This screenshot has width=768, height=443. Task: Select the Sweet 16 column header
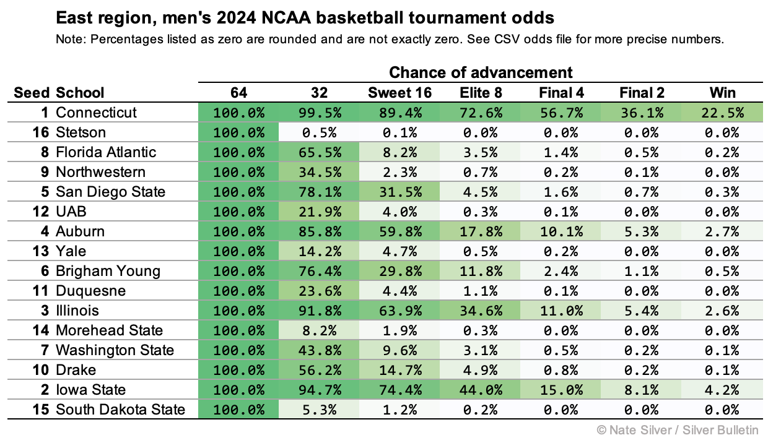[x=399, y=93]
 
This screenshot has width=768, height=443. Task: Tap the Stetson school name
[x=81, y=132]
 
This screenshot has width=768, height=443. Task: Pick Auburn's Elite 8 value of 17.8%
[x=480, y=231]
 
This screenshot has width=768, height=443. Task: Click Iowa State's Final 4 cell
[x=561, y=390]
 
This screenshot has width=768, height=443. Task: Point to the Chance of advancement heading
[x=480, y=72]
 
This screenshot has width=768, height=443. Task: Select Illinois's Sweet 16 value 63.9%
[x=399, y=311]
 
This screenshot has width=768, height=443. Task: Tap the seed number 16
[x=42, y=132]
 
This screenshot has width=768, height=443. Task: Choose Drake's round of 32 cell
[x=319, y=370]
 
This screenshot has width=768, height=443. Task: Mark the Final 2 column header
[x=642, y=93]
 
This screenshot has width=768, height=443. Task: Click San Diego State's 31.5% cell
[x=399, y=192]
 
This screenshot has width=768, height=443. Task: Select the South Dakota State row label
[x=120, y=410]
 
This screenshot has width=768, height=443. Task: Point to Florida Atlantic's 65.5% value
[x=319, y=152]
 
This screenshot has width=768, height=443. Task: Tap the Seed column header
[x=32, y=93]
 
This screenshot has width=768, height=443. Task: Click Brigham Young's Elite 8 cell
[x=480, y=271]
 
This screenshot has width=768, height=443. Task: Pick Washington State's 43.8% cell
[x=319, y=350]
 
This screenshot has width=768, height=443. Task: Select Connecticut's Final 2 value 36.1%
[x=642, y=113]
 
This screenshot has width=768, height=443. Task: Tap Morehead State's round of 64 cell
[x=238, y=330]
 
